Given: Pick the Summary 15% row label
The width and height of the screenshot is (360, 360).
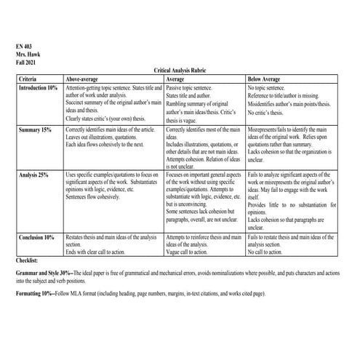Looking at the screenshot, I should pyautogui.click(x=35, y=129).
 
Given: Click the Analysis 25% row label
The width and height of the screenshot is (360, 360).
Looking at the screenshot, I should pyautogui.click(x=33, y=175).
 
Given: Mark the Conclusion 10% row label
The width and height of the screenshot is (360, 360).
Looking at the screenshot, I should pyautogui.click(x=36, y=237).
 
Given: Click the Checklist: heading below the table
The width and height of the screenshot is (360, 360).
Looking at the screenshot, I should pyautogui.click(x=30, y=259).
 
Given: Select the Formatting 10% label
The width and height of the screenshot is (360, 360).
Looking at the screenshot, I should pyautogui.click(x=39, y=292).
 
